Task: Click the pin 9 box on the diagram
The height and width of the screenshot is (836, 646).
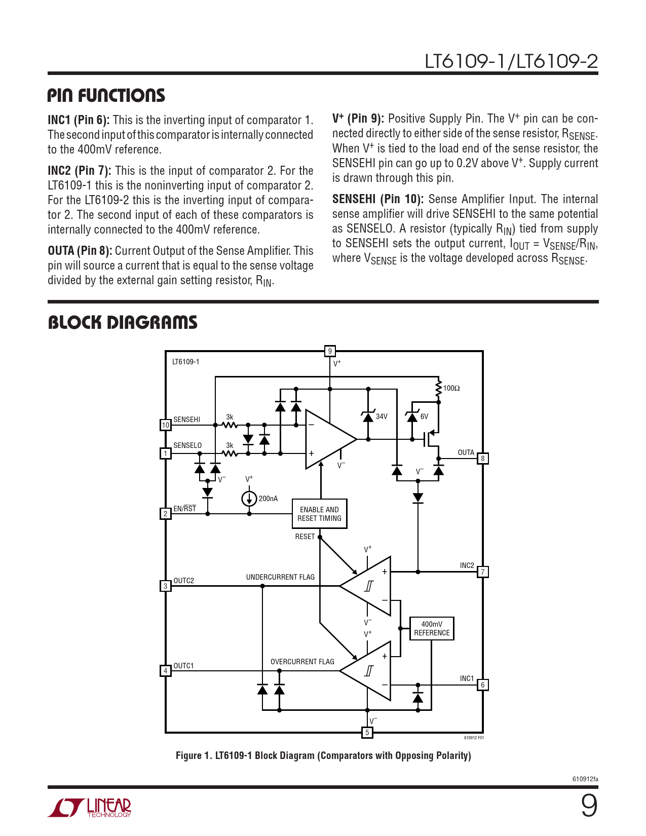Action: (330, 351)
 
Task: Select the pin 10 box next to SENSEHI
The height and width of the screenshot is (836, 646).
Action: (166, 425)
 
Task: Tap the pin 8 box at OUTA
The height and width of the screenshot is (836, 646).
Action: (483, 459)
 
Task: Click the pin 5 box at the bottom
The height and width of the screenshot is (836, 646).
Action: (367, 732)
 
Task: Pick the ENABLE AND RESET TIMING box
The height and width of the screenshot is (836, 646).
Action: (319, 514)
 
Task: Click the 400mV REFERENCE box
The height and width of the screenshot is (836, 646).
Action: (432, 629)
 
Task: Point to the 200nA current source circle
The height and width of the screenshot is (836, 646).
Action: (249, 499)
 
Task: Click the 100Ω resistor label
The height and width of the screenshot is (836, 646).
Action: (451, 389)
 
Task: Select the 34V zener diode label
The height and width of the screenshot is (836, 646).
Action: (382, 416)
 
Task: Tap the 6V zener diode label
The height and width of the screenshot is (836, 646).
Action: (425, 416)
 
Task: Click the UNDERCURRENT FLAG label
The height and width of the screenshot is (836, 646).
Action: (280, 577)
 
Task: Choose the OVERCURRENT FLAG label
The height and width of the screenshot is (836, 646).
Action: (302, 662)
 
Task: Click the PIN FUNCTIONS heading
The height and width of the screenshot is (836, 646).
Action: (106, 95)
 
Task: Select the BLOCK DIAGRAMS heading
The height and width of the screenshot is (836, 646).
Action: (123, 322)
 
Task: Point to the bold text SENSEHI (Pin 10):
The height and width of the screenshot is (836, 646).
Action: (378, 199)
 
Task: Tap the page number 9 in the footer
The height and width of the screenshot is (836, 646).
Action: (589, 806)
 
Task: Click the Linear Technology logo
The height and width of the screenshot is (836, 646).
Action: (90, 808)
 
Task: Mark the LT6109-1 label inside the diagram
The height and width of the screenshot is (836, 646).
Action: (186, 362)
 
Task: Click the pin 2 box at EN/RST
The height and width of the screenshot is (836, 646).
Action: (166, 514)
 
